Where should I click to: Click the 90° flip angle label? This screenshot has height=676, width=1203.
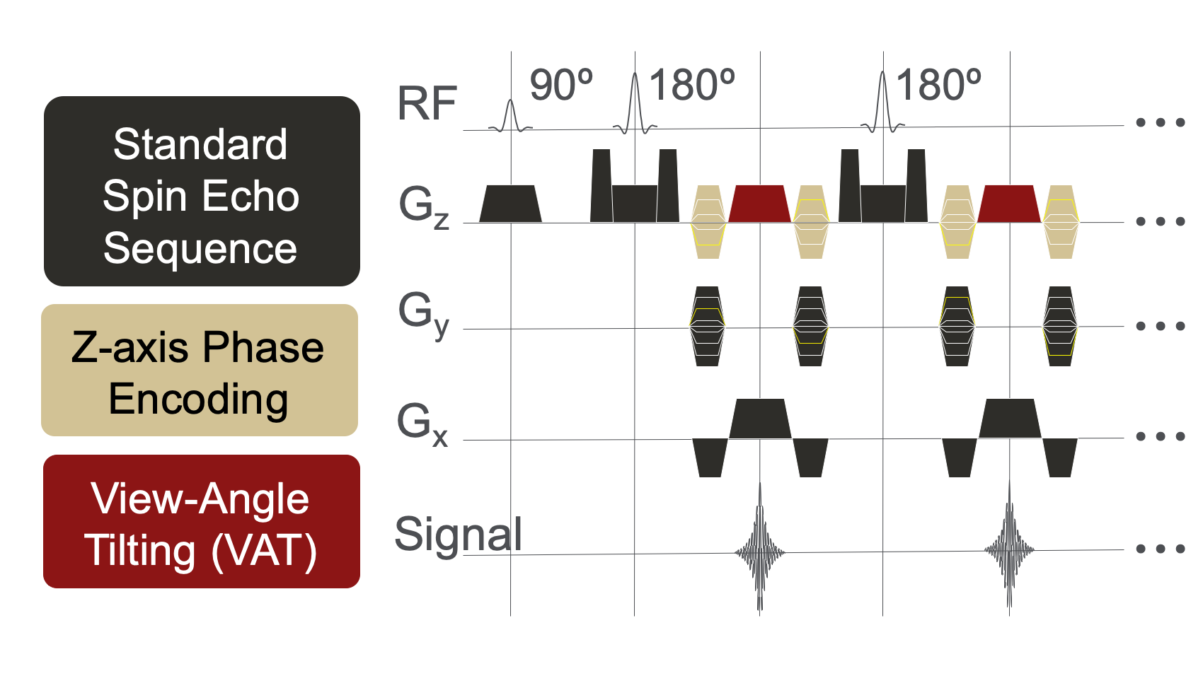(560, 86)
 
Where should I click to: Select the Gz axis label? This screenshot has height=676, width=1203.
(423, 207)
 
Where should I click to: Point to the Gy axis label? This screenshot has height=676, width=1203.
(423, 314)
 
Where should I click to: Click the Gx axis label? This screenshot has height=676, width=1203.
(422, 424)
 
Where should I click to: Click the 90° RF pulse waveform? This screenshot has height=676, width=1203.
(510, 117)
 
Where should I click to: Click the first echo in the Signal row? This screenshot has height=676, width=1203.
(760, 552)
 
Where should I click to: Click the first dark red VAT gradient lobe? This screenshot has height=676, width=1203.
(759, 204)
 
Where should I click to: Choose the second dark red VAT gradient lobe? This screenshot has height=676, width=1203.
(1009, 204)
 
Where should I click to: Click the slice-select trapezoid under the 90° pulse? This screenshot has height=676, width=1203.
(510, 204)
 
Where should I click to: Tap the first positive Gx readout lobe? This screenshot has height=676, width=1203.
(760, 419)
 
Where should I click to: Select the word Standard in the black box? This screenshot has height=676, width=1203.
(200, 144)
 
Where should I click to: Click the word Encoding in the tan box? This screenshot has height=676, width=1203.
(198, 399)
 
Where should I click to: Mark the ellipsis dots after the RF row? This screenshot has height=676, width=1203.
(1160, 122)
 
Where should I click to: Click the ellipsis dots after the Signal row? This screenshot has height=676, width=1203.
(1160, 549)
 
